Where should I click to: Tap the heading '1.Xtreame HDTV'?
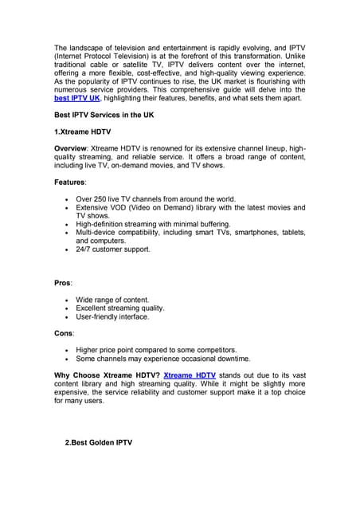[83, 131]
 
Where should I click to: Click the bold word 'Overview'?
[70, 148]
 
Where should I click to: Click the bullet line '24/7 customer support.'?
[113, 249]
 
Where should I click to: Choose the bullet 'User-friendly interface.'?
[112, 316]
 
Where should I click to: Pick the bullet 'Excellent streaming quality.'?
[120, 308]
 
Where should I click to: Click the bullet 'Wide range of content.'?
[112, 300]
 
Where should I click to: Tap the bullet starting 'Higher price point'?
[156, 350]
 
